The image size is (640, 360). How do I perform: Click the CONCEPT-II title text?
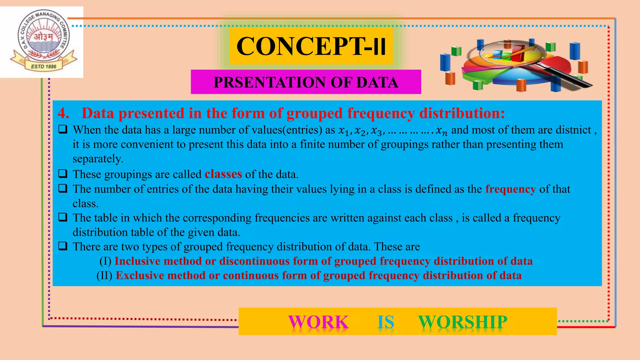[x=311, y=46]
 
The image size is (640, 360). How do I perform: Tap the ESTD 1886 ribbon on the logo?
[x=44, y=66]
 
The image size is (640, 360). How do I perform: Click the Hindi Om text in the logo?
[x=43, y=37]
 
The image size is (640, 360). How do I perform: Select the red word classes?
[x=223, y=174]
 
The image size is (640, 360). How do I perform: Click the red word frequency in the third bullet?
[x=510, y=189]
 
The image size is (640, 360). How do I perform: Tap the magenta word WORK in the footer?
[x=318, y=322]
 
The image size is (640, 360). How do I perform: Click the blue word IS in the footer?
[x=386, y=322]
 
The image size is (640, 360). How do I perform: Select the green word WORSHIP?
[x=462, y=322]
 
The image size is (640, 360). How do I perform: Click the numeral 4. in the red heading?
[x=63, y=113]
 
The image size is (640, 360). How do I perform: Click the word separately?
[x=98, y=159]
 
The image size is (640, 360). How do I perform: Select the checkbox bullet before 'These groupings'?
[x=63, y=173]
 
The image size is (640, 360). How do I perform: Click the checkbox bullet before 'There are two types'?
[x=63, y=246]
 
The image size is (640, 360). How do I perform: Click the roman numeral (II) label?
[x=104, y=275]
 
